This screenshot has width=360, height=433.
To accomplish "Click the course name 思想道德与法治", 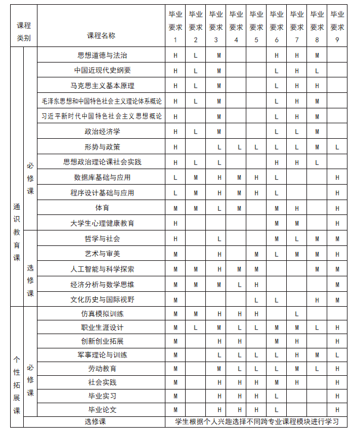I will click(102, 55).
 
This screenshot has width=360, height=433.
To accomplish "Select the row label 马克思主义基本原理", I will click(102, 86).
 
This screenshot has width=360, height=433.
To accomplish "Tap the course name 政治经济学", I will click(102, 131).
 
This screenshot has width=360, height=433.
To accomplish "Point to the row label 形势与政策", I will click(102, 147).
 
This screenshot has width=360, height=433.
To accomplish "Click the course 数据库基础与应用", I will click(102, 177).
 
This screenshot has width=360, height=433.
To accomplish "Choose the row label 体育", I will click(102, 208).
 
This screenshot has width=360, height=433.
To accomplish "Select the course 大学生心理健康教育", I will click(102, 223).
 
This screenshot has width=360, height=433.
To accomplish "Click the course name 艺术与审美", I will click(102, 254).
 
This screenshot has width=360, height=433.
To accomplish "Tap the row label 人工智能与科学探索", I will click(102, 269).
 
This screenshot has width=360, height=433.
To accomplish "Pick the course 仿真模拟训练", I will click(102, 314).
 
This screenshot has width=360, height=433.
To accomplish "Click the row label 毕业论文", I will click(102, 410).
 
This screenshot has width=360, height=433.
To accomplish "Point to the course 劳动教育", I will click(102, 369).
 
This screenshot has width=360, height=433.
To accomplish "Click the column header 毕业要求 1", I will click(176, 27).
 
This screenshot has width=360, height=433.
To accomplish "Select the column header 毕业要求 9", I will click(337, 27).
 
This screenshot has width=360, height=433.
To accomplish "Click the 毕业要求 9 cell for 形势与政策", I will click(337, 147).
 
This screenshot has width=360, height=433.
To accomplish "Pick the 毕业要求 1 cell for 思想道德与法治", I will click(176, 55).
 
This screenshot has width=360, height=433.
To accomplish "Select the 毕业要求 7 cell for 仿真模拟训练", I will click(297, 314).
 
